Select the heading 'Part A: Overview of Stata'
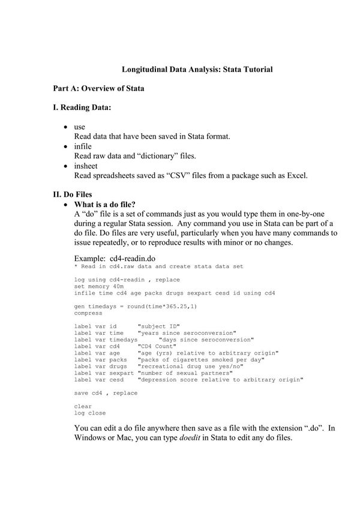pos(98,88)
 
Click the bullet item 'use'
pos(79,127)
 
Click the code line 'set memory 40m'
pos(99,286)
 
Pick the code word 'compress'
pos(88,313)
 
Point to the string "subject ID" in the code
pos(159,326)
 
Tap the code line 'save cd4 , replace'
pos(106,393)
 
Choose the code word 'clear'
pos(83,406)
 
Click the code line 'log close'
pos(90,413)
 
